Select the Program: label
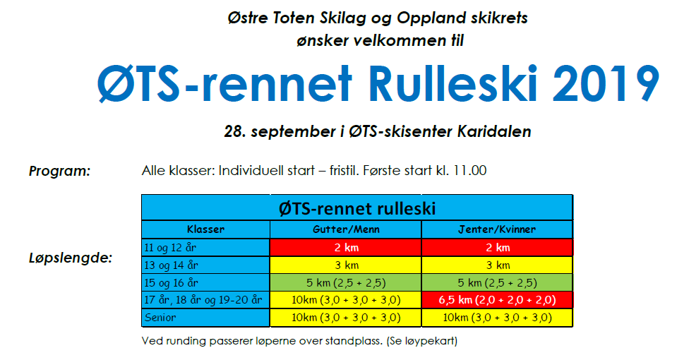tap(59, 171)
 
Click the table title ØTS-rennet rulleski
tap(357, 208)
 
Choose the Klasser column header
tap(205, 229)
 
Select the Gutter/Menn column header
tap(345, 229)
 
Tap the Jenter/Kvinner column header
tap(498, 229)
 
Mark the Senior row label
tap(160, 318)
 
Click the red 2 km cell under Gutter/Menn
tap(345, 248)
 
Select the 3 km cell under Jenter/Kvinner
tap(498, 265)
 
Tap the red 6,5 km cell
tap(498, 301)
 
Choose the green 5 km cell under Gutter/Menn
tap(345, 283)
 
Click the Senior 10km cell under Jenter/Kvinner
tap(498, 318)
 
